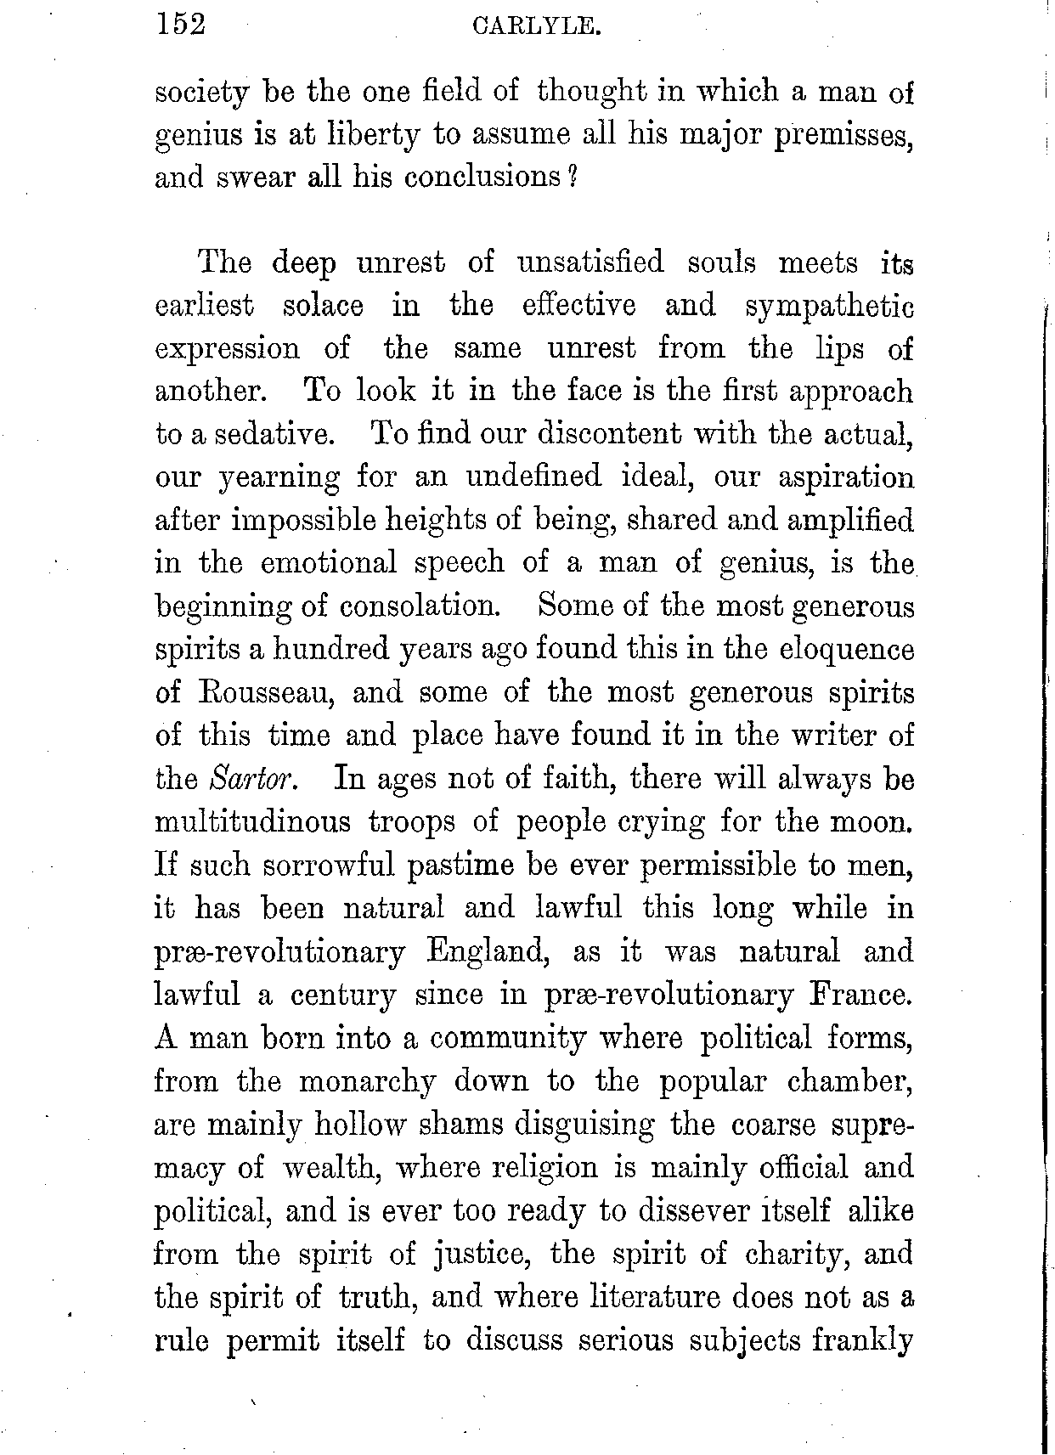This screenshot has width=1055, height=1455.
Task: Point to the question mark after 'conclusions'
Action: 573,178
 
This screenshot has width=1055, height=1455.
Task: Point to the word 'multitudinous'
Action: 252,822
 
